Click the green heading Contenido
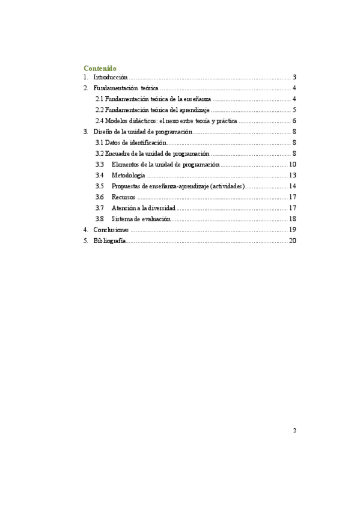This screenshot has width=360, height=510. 100,68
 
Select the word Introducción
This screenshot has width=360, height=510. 111,78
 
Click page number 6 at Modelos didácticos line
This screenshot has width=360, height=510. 294,121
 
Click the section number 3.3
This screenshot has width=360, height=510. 100,164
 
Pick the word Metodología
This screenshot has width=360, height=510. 128,175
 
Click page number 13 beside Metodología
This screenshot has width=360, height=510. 293,175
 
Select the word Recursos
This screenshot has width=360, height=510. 123,197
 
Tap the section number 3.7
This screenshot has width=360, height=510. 100,207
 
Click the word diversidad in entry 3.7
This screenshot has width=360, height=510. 159,207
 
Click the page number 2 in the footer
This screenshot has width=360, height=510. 294,431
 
